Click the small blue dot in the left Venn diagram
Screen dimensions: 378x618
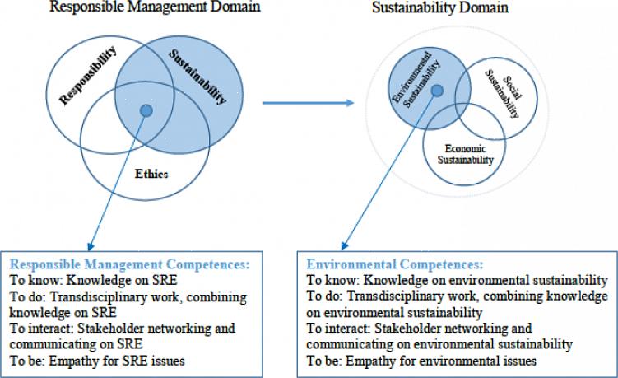pyautogui.click(x=146, y=110)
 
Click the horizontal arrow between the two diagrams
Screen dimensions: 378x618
pyautogui.click(x=309, y=103)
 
